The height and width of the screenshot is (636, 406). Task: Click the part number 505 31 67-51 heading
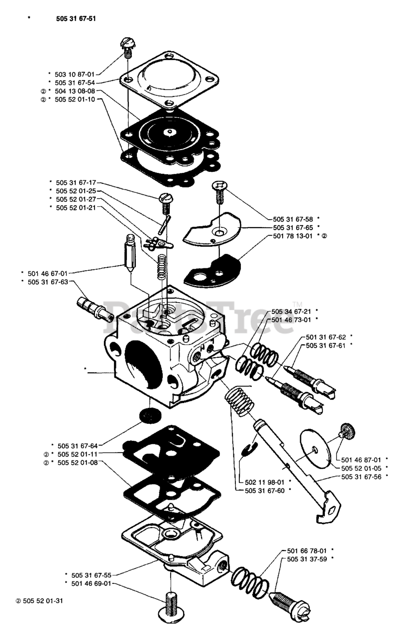pos(73,19)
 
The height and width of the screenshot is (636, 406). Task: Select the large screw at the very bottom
pos(171,603)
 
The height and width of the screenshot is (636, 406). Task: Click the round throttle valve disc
pos(316,448)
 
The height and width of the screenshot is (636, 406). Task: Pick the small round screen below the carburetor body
pos(149,415)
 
